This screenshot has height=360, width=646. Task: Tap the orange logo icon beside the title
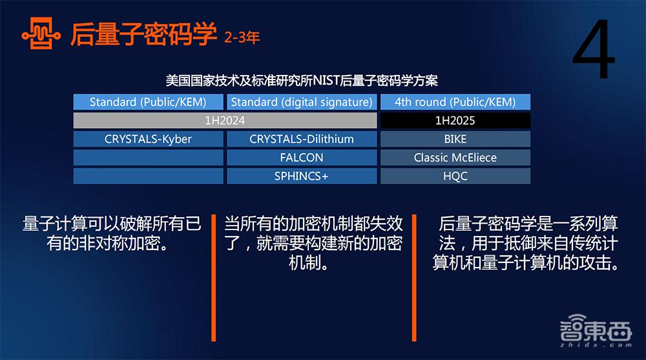(39, 34)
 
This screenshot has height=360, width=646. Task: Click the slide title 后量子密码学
(143, 34)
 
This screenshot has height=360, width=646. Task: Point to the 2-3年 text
(242, 37)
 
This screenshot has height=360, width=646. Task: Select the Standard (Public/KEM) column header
(148, 102)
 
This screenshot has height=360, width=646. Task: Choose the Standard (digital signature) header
(302, 102)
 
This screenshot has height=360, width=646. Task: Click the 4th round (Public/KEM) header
(455, 102)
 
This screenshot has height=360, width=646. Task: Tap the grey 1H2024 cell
(225, 121)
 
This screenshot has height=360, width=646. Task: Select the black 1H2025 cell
(455, 121)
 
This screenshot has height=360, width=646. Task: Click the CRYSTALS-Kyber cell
(148, 139)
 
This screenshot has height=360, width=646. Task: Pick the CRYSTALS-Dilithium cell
(302, 139)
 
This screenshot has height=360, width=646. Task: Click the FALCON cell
(302, 158)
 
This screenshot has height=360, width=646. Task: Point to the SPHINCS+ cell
(302, 176)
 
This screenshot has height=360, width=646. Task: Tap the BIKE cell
(455, 139)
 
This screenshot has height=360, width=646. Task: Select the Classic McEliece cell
(455, 158)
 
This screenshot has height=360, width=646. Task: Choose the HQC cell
(455, 176)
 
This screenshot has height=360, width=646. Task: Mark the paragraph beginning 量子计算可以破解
(112, 234)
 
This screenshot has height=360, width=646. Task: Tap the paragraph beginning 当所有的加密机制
(313, 243)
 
